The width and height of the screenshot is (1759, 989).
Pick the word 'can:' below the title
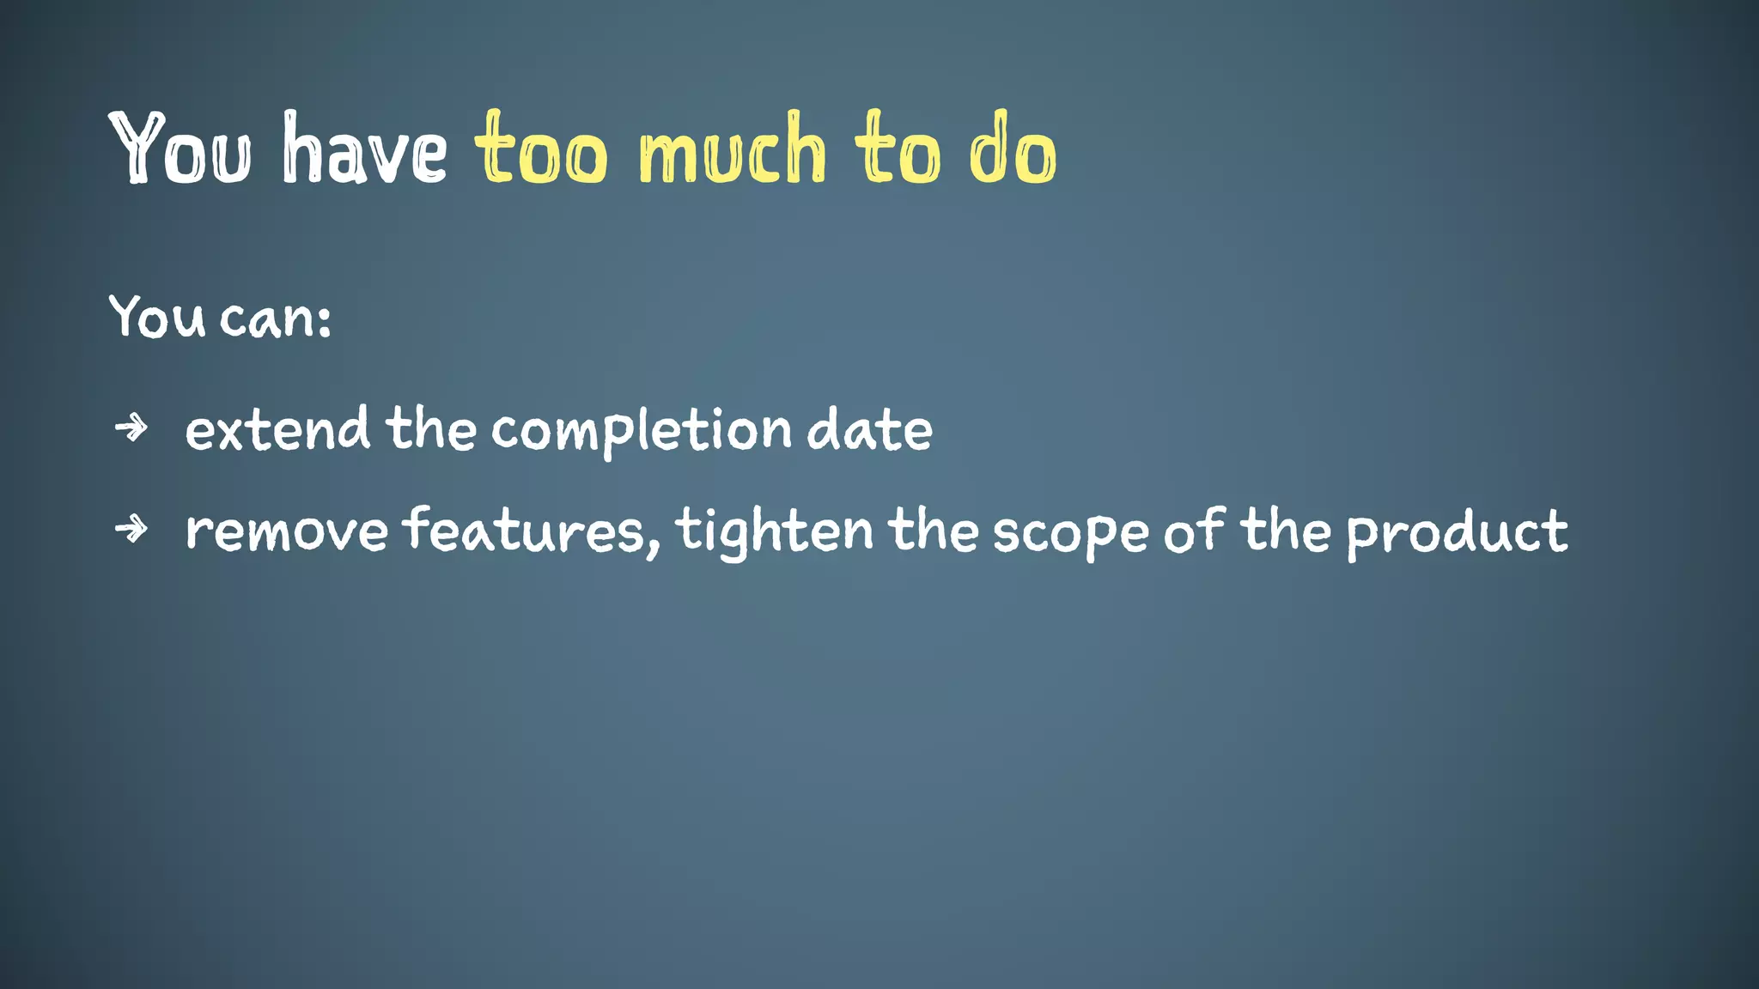click(275, 318)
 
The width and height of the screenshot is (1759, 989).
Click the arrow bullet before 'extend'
click(131, 427)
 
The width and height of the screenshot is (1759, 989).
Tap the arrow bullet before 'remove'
click(131, 528)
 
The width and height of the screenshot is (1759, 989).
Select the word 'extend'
click(277, 429)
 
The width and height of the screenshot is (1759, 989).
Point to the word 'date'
click(869, 429)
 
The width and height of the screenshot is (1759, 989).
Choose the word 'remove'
click(287, 531)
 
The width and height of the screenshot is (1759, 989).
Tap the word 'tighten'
click(774, 531)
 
